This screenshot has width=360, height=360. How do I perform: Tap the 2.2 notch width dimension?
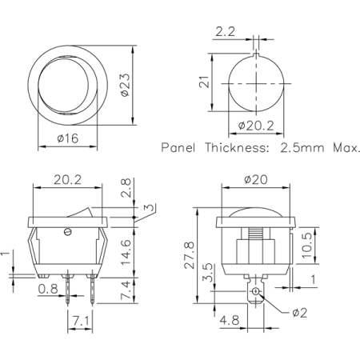(225, 33)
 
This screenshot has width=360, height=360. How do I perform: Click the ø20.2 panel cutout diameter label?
(258, 125)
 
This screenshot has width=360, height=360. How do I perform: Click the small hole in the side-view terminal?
(256, 293)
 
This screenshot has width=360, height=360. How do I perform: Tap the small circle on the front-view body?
(68, 233)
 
